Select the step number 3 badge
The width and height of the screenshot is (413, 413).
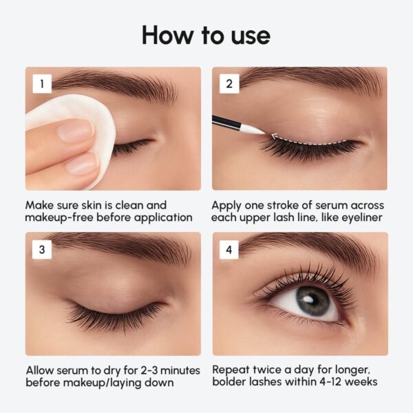pyautogui.click(x=42, y=249)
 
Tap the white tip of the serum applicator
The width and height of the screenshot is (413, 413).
pyautogui.click(x=253, y=128)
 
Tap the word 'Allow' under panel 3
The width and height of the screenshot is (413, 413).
pyautogui.click(x=41, y=369)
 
